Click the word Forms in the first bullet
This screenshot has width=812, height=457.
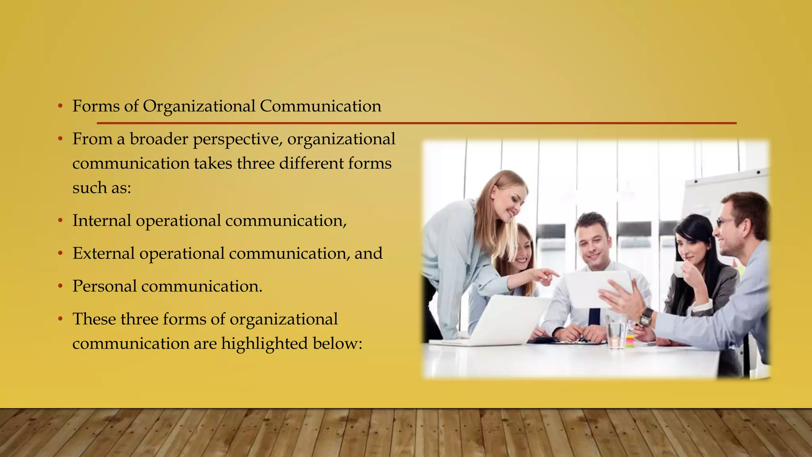click(x=96, y=106)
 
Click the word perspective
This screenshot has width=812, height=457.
click(x=237, y=140)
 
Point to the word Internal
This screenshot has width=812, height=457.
click(x=101, y=221)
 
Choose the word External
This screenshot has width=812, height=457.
click(x=103, y=253)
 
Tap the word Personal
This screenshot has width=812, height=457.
click(x=105, y=286)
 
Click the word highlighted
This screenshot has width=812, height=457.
click(x=264, y=344)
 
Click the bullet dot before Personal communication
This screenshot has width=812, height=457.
click(x=60, y=286)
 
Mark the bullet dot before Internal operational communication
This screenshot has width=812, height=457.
click(x=60, y=221)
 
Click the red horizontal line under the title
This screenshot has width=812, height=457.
click(x=416, y=123)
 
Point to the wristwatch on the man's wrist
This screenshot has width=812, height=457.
click(x=646, y=317)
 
